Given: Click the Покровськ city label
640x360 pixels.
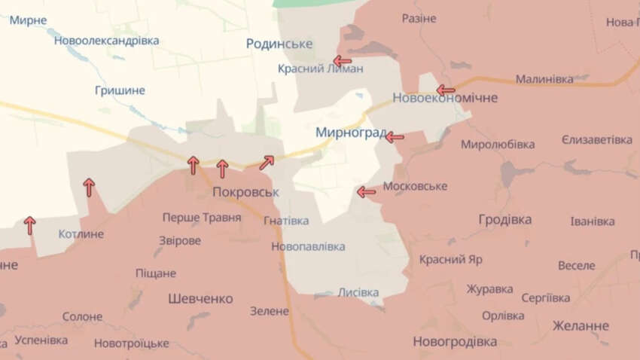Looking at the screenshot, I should point(245,191).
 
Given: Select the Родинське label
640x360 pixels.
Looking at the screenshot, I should point(279,44).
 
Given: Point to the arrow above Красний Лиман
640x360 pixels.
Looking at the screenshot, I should point(343,61).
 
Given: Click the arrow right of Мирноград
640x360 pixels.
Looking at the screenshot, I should point(395,137).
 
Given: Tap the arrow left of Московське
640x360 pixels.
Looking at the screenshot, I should point(366,192).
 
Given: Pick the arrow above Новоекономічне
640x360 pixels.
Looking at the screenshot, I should point(446,90).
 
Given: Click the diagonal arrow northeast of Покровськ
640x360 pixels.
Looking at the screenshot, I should point(267,162).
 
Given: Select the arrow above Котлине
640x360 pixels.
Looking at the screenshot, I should point(89,187).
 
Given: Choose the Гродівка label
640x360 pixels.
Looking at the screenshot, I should point(504,220).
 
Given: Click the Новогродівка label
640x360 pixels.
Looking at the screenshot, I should point(455,342).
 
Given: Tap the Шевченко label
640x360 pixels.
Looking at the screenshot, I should point(200,298).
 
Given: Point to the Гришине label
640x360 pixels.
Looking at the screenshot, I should point(120,90).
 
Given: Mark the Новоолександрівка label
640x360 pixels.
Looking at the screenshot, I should point(106,41).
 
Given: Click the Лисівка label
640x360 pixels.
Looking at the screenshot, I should point(358,292).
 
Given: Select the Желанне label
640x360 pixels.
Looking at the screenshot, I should point(581,326).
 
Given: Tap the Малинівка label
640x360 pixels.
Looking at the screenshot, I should point(544,78).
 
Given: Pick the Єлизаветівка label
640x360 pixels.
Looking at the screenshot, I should point(597,140).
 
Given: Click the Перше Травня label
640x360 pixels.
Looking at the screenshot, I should point(202,218).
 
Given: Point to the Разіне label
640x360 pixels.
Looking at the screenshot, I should point(419,18).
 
